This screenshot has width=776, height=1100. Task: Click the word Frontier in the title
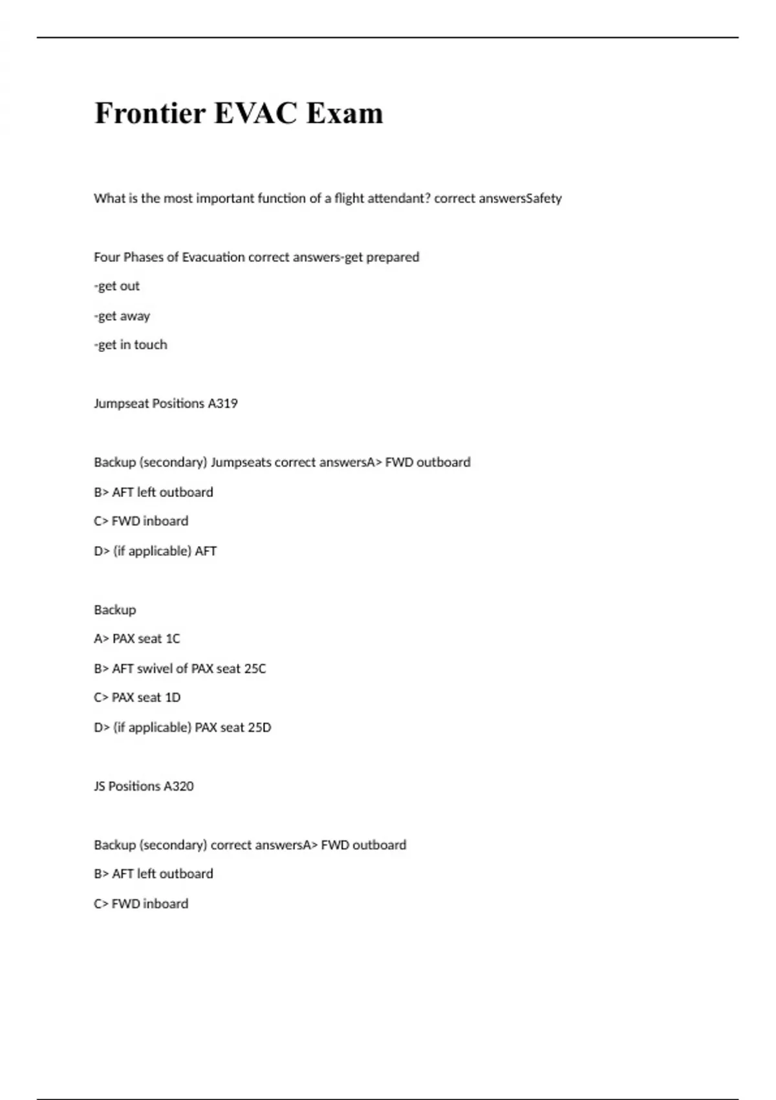pos(150,113)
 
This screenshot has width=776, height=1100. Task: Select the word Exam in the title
pos(345,113)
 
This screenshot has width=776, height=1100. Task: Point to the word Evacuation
pos(213,258)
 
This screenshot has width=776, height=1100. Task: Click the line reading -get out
pos(117,286)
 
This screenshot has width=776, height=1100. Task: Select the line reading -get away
pos(122,316)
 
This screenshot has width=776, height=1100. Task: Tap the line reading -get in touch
pos(131,345)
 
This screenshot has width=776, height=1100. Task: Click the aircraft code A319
pos(222,404)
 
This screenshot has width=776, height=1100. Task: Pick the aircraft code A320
pos(178,786)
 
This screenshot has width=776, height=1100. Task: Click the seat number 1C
pos(173,639)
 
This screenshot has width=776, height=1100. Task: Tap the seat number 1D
pos(173,698)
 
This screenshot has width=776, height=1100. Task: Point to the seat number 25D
pos(259,727)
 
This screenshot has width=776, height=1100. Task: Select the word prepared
pos(393,258)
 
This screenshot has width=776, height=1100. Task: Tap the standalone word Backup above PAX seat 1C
pos(115,610)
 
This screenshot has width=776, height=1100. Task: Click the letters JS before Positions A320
pos(100,786)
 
